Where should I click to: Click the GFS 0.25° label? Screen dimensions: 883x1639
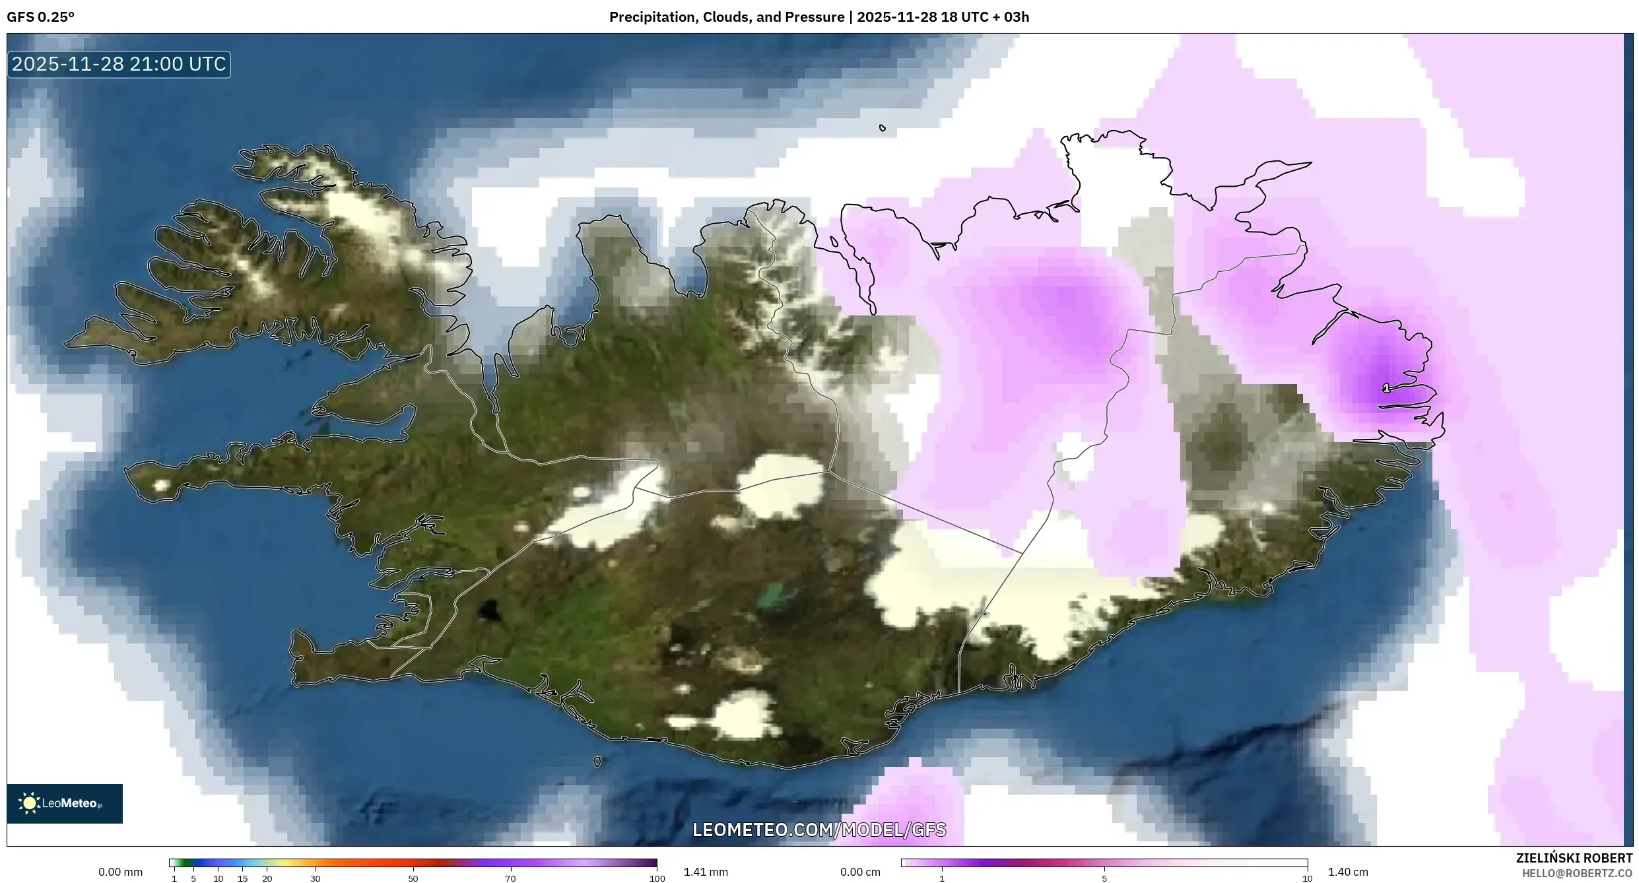tap(41, 17)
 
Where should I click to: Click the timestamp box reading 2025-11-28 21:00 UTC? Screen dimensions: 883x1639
tap(119, 64)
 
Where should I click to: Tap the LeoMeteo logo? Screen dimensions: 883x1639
tap(65, 803)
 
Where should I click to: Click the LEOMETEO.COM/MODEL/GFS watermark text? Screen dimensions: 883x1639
tap(819, 830)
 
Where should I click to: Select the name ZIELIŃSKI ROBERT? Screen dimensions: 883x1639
tap(1574, 858)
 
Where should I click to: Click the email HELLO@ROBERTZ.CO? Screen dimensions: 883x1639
tap(1577, 873)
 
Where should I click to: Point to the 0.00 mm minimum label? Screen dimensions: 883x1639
tap(120, 872)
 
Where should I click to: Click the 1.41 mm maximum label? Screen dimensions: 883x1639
tap(706, 872)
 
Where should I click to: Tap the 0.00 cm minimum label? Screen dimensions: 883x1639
tap(860, 872)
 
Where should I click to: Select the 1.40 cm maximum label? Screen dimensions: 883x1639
tap(1348, 872)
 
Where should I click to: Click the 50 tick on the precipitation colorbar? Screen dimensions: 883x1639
tap(413, 878)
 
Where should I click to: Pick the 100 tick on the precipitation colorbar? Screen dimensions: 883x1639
tap(657, 878)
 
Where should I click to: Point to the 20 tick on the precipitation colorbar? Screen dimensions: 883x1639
tap(267, 878)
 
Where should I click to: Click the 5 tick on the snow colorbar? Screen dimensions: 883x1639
tap(1104, 878)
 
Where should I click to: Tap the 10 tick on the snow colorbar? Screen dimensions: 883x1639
tap(1307, 878)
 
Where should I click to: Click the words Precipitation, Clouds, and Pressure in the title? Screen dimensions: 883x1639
tap(726, 17)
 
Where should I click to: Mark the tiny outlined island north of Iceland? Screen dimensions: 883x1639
tap(883, 128)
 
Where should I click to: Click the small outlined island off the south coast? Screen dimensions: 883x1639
tap(597, 762)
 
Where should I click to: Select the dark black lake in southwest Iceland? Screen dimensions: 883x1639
tap(489, 610)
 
